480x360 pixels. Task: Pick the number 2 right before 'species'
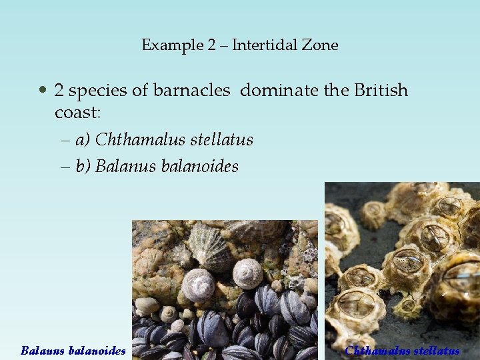tap(59, 90)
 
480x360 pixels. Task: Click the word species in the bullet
tap(100, 91)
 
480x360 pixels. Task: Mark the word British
tap(379, 90)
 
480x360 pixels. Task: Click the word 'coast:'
tap(77, 113)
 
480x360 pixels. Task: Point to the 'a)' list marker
tap(83, 140)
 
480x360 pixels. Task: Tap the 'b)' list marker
tap(83, 166)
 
